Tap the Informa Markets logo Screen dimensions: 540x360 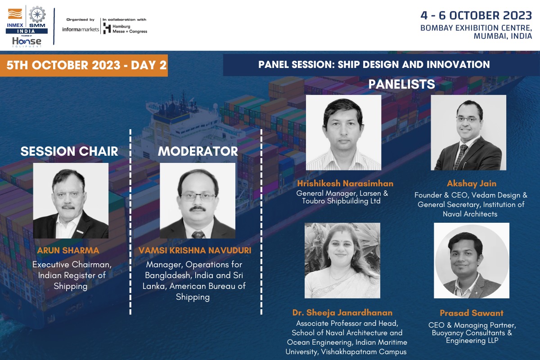[81, 29]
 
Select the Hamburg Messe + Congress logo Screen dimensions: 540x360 [125, 28]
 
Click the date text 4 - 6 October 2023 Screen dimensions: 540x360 [476, 15]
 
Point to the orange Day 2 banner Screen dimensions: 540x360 [84, 65]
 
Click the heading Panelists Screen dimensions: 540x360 [401, 84]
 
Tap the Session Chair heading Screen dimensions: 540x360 [69, 151]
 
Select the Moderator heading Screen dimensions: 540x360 [198, 151]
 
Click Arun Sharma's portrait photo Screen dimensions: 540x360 [71, 201]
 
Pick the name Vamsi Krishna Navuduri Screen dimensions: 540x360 [195, 250]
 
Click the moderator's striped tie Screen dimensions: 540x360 [198, 234]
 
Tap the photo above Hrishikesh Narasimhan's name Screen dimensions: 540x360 [343, 132]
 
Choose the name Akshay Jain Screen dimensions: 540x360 [472, 184]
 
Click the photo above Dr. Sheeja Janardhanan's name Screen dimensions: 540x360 [342, 261]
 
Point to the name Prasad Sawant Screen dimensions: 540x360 [472, 313]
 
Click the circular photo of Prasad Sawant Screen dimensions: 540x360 [472, 261]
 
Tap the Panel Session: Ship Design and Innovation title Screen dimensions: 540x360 [374, 65]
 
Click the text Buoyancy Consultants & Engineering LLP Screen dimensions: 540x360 [472, 337]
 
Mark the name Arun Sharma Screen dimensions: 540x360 [68, 250]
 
